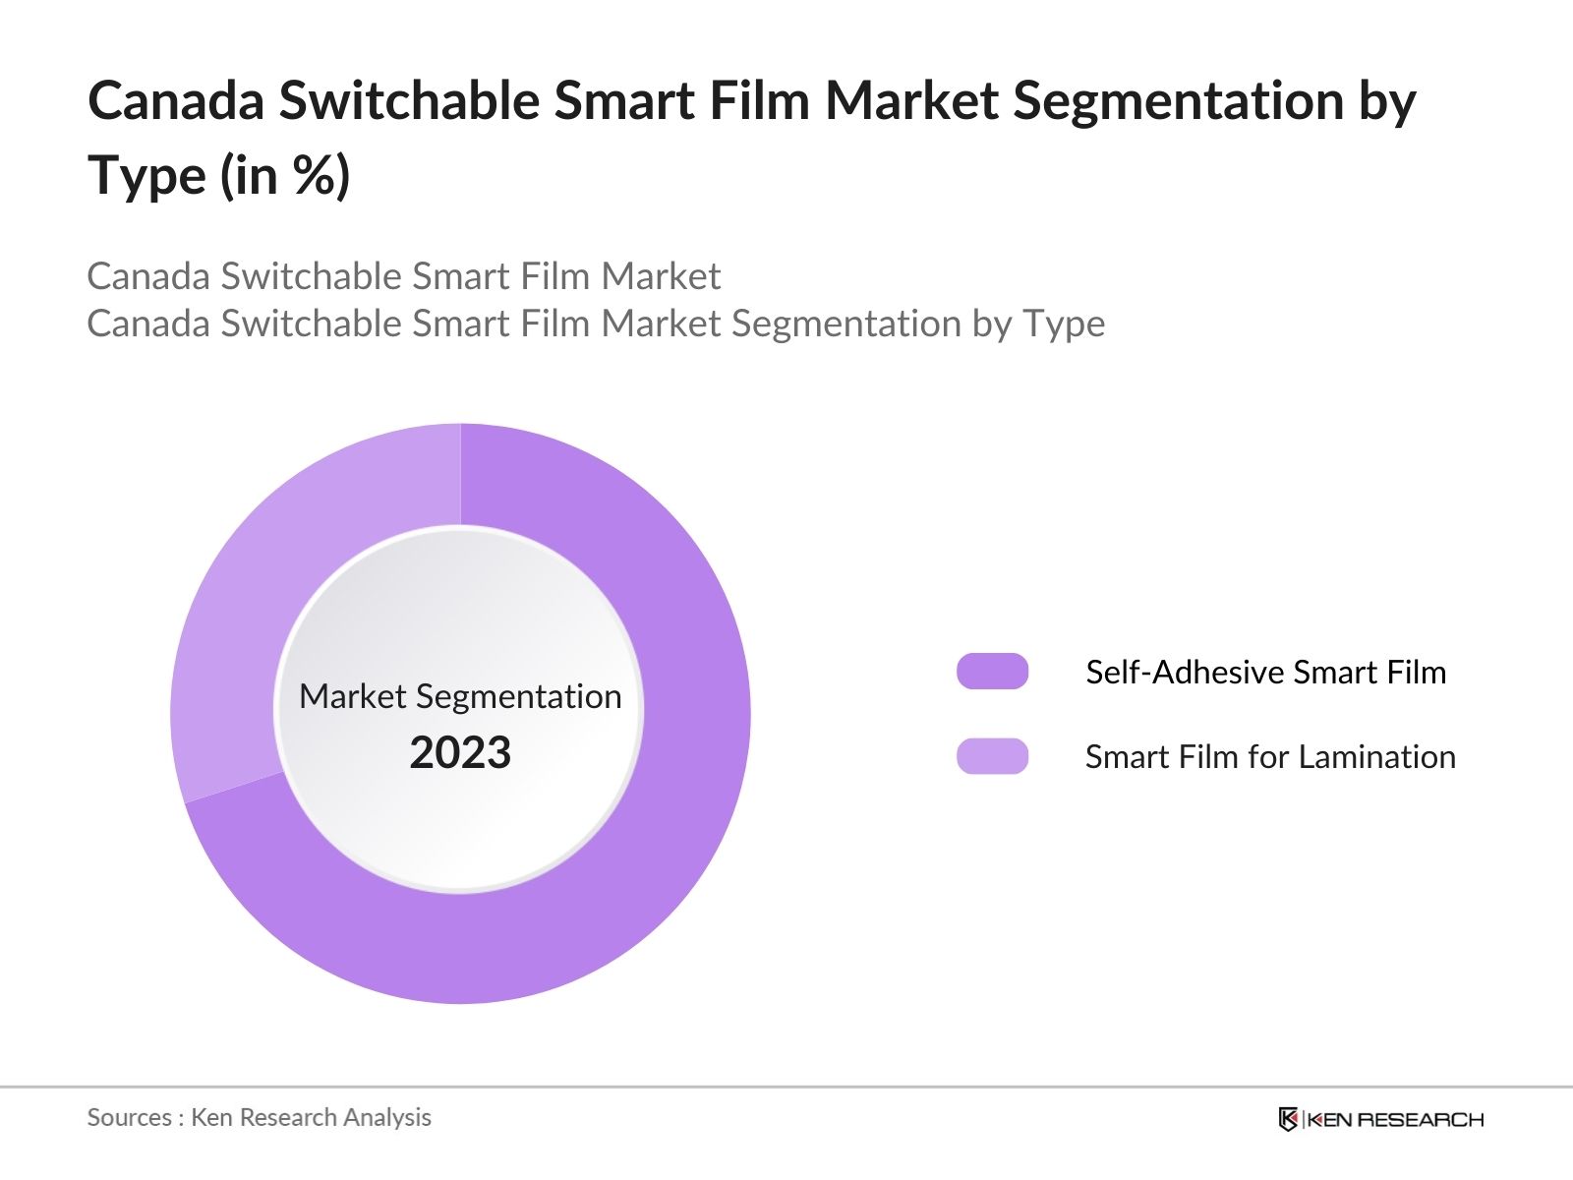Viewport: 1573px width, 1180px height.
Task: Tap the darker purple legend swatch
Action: [992, 672]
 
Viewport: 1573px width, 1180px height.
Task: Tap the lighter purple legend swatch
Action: [992, 756]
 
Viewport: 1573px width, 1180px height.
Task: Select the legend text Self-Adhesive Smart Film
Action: [1265, 672]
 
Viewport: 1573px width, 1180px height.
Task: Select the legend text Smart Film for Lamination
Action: [1269, 756]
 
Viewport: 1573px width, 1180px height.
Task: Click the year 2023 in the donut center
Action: [460, 753]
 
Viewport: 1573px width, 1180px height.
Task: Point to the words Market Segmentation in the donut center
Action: [460, 696]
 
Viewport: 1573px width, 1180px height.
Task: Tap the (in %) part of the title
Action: [285, 176]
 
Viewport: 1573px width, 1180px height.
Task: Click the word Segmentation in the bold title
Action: [1178, 100]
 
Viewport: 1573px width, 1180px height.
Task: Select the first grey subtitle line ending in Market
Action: [403, 276]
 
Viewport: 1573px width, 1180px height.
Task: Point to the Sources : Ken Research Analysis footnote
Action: [259, 1117]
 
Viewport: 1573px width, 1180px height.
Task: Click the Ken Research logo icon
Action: [1288, 1119]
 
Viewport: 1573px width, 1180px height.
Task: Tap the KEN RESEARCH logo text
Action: [1395, 1119]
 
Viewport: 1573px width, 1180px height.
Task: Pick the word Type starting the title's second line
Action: [147, 176]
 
